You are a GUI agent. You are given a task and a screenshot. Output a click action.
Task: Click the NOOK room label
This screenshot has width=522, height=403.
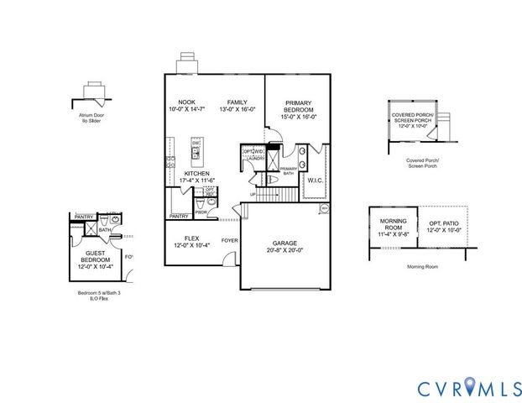click(x=186, y=102)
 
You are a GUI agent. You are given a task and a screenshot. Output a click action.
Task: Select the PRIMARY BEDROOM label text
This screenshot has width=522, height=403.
click(x=299, y=107)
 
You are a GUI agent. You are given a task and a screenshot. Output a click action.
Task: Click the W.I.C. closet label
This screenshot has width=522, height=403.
click(x=316, y=179)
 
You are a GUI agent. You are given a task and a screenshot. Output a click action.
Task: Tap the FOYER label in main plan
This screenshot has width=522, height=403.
click(x=229, y=240)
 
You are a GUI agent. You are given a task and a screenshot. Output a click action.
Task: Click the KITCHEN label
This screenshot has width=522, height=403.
click(x=196, y=174)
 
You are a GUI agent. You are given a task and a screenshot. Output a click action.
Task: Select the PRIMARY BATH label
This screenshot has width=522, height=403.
click(x=288, y=171)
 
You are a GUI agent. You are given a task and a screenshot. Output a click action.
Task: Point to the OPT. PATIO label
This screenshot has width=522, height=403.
click(x=444, y=224)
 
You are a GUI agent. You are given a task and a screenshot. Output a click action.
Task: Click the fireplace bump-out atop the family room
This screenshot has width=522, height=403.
click(x=188, y=65)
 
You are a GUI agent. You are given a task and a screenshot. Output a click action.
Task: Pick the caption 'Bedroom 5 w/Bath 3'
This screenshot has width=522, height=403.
click(x=93, y=292)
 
